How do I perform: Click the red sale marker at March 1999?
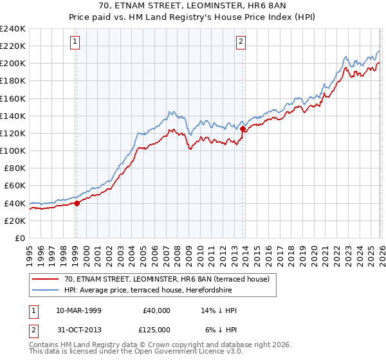(x=77, y=203)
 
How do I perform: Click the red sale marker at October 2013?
(x=243, y=129)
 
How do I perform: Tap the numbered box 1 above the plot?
(x=75, y=42)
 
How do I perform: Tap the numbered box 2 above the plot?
(x=241, y=42)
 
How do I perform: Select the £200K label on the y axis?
(x=13, y=64)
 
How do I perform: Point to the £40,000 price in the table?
(x=156, y=310)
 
